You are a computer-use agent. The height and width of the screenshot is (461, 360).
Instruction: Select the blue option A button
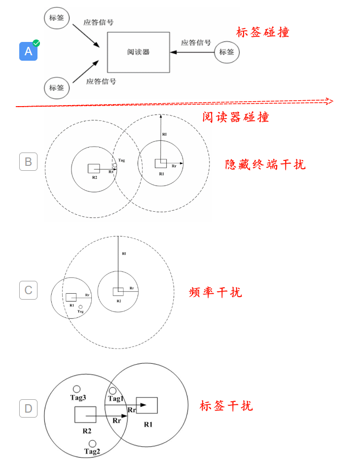28,51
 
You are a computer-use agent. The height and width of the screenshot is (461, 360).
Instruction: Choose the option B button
28,161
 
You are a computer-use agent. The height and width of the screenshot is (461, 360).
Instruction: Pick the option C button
28,290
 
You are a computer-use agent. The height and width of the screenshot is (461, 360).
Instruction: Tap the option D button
28,408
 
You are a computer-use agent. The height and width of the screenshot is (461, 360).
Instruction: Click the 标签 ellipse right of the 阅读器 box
227,52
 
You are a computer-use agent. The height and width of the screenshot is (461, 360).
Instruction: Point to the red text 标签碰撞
262,33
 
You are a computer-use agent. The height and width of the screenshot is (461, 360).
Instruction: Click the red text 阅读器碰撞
235,117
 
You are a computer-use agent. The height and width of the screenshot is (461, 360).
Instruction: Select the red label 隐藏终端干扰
265,164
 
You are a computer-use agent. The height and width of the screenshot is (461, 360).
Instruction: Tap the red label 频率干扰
216,292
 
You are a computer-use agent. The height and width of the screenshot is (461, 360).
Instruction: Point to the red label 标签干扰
226,406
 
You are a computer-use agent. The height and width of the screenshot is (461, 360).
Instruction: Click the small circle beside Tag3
76,389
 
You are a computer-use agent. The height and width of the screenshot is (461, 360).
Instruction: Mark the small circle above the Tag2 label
92,443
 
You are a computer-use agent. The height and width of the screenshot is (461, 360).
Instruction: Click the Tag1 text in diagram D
116,399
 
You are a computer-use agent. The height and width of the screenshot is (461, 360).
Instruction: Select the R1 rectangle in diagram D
147,405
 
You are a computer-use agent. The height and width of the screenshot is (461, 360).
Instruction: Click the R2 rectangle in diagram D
85,415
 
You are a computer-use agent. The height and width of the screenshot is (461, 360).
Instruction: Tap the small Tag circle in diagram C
80,307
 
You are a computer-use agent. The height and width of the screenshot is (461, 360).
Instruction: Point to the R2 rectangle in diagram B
94,168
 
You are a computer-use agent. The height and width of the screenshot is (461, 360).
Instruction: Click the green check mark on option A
36,43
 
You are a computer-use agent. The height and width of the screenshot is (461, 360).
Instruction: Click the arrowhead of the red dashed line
330,101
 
